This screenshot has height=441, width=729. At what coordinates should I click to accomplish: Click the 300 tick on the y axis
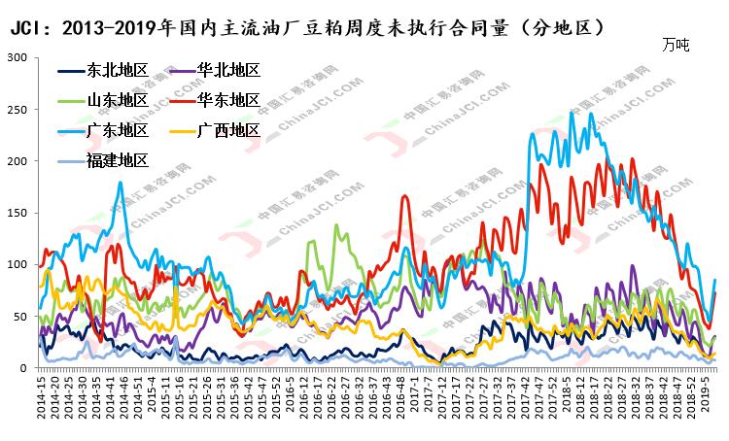point(17,57)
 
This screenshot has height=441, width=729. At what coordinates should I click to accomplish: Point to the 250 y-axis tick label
point(17,109)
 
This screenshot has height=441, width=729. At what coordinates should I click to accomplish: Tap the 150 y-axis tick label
point(17,213)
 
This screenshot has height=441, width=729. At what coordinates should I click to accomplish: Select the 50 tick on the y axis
point(19,317)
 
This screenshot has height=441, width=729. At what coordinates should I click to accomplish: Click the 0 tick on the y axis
point(23,368)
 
